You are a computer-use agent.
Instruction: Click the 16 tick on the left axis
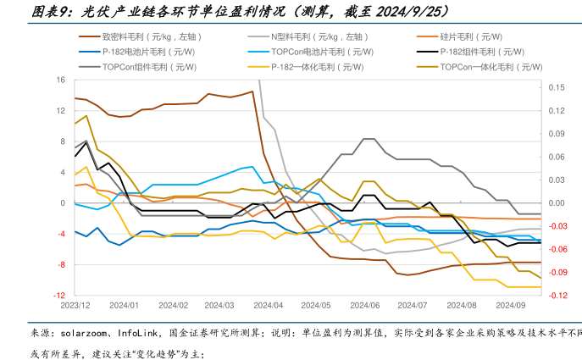click(x=61, y=80)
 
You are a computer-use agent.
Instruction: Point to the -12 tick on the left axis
click(x=59, y=296)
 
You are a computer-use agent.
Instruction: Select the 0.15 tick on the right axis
click(x=556, y=88)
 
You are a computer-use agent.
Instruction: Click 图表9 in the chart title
click(x=53, y=12)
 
